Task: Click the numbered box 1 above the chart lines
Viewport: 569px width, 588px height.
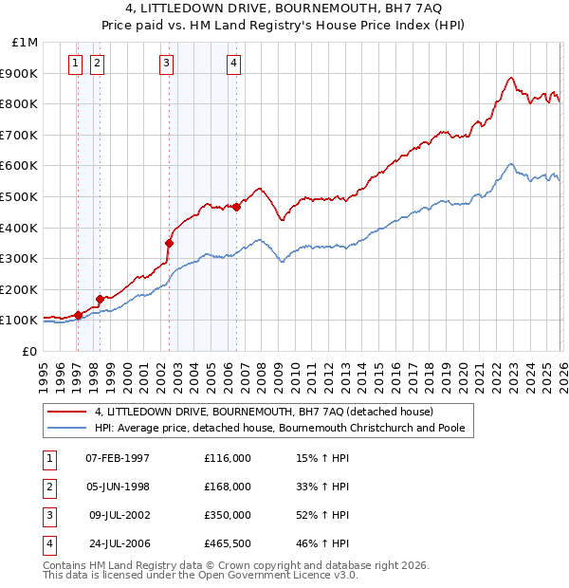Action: point(75,64)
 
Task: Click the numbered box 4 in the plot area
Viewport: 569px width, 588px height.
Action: point(233,64)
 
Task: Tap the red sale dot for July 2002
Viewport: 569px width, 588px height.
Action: point(169,243)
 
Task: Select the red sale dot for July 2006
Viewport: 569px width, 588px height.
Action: point(236,207)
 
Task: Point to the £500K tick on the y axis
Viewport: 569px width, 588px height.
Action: point(22,196)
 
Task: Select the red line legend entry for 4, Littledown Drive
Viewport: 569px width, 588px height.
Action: point(264,412)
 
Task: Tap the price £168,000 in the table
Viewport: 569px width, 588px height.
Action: point(228,487)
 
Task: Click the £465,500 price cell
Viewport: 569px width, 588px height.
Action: point(228,543)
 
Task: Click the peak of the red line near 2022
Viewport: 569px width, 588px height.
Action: point(510,78)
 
